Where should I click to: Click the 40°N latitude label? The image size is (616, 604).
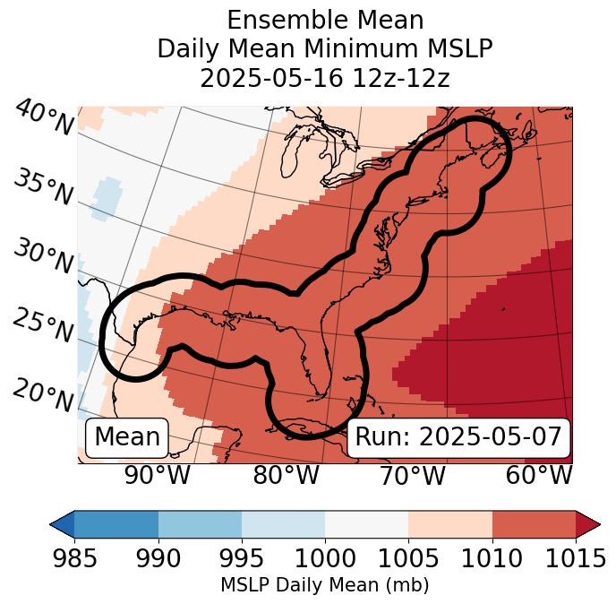43,118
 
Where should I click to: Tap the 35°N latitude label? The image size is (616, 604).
43,186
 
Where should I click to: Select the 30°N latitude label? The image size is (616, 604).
43,257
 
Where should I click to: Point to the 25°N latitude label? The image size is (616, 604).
43,325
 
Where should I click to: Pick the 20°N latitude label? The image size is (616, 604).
43,393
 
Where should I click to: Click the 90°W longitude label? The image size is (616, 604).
158,476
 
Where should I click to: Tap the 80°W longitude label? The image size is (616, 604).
287,476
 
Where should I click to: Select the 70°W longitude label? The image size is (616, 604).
413,476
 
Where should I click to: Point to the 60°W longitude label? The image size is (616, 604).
539,476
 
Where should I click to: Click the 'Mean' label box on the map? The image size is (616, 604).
127,437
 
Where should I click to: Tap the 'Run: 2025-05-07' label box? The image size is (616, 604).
458,437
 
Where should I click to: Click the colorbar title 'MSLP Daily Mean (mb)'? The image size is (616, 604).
325,585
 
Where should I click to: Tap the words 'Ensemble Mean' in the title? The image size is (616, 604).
325,20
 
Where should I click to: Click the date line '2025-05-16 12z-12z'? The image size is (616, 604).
325,79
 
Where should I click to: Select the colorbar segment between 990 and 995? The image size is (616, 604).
200,523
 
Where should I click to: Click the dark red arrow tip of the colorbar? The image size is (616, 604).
588,523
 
